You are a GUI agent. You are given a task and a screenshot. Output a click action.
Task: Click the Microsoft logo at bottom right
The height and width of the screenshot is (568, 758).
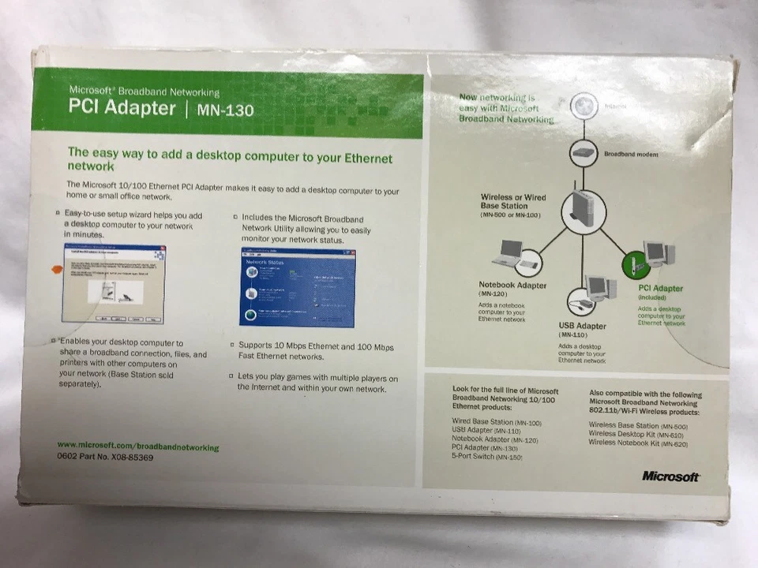[x=670, y=476]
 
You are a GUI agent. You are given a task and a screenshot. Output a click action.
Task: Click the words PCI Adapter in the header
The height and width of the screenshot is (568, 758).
[x=122, y=108]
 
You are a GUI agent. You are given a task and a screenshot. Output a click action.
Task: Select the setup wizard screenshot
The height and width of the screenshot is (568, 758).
[x=114, y=283]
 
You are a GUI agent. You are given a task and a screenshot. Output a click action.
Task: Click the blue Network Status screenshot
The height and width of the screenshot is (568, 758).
[x=297, y=287]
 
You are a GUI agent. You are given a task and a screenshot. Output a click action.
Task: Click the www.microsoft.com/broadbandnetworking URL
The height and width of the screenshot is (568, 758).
[x=138, y=447]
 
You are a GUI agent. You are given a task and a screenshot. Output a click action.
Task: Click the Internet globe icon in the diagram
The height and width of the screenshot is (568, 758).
[x=583, y=105]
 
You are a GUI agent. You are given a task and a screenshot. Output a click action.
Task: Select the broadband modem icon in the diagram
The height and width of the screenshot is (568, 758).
[x=583, y=152]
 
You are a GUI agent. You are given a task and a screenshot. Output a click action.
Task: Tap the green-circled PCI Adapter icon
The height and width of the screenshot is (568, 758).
[x=636, y=264]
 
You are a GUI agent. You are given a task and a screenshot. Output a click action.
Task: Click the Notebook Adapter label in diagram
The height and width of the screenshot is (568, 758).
[x=512, y=285]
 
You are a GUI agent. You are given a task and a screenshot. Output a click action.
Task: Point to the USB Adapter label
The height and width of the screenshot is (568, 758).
[x=582, y=326]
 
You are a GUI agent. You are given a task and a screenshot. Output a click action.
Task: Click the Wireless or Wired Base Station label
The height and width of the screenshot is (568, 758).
[x=513, y=201]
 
